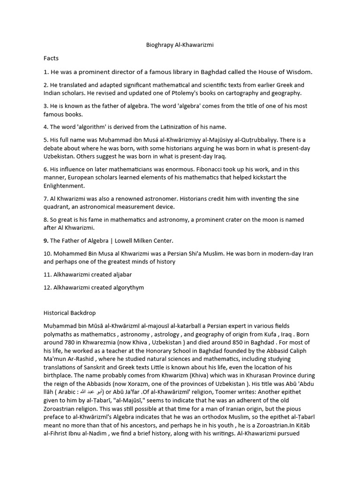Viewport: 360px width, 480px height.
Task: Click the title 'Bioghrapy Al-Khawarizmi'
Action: click(x=180, y=45)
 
